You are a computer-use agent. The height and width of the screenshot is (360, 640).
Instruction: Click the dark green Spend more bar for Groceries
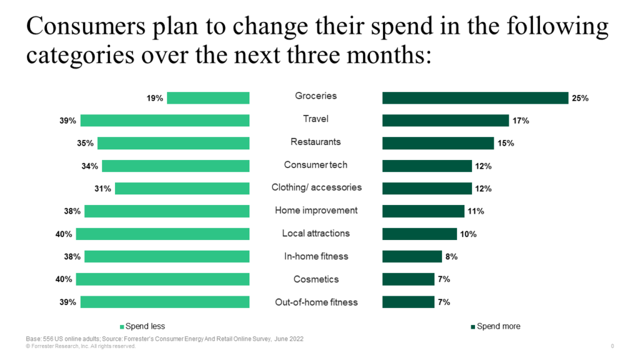475,97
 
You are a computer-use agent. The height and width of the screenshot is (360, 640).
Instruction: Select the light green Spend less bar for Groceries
208,97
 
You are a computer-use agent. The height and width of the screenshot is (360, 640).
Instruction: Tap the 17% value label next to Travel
521,121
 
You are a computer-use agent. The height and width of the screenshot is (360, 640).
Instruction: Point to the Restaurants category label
316,142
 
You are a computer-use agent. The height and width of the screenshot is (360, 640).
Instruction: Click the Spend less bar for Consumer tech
176,166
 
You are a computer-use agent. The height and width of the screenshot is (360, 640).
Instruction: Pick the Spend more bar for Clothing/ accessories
427,188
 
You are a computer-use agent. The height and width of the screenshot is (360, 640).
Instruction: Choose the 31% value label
103,189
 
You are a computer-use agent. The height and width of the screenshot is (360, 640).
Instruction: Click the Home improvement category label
316,211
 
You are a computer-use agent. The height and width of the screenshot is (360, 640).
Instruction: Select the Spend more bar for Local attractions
419,234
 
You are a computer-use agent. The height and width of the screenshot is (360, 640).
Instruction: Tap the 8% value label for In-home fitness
451,256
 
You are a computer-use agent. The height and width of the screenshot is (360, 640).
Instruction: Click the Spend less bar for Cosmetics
162,279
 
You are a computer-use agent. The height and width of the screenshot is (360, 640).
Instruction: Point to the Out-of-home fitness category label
316,302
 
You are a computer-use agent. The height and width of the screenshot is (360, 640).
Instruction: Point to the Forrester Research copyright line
81,346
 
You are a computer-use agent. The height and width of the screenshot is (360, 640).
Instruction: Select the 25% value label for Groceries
580,98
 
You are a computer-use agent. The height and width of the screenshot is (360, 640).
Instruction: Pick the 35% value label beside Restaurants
86,143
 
